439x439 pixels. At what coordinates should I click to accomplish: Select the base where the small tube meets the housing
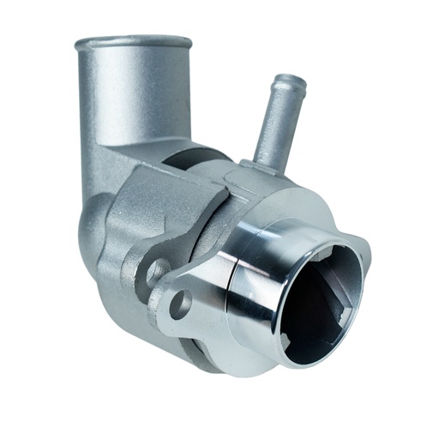(x=262, y=163)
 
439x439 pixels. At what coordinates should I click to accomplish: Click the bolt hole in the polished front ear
(x=181, y=304)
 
